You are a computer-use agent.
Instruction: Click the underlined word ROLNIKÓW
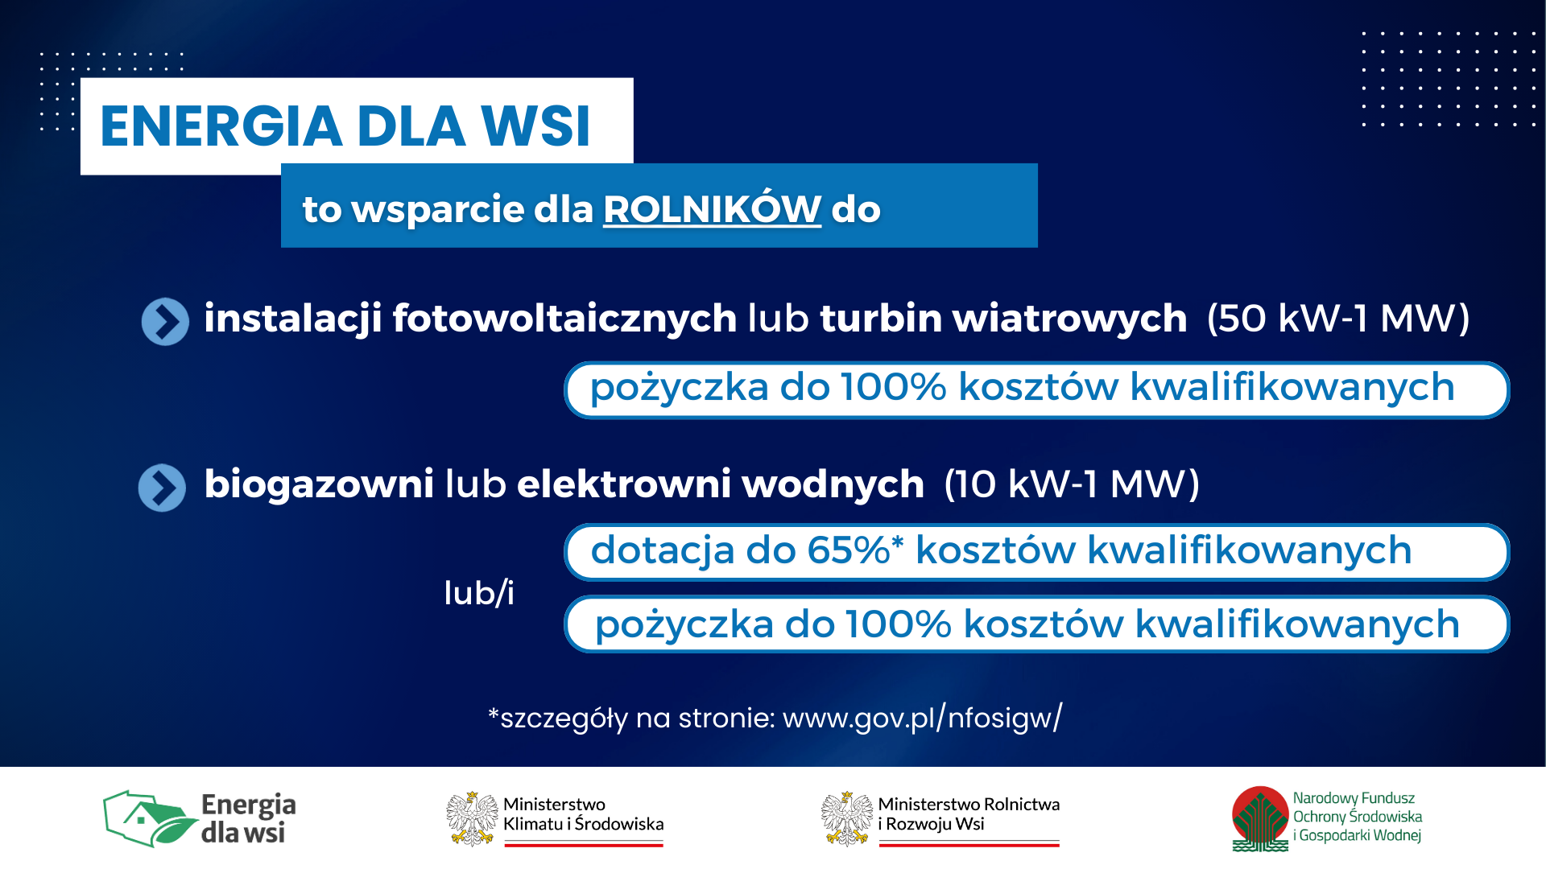[712, 208]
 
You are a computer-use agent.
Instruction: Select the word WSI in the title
[535, 126]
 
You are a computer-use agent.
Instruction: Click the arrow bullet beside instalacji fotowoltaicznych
[165, 322]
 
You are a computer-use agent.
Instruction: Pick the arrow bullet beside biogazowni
[162, 488]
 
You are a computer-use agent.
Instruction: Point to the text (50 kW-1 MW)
[1338, 319]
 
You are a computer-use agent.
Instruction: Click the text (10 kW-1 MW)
[1072, 484]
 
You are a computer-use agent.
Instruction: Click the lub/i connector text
[479, 594]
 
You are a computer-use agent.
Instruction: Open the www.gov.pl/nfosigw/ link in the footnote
[923, 717]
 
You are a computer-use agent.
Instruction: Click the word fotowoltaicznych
[564, 319]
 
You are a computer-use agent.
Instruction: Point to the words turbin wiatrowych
[1003, 319]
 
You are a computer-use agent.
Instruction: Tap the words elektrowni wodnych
[721, 484]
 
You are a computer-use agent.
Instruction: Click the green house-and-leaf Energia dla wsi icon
[151, 818]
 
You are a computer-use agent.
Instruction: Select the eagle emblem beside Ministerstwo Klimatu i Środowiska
[472, 818]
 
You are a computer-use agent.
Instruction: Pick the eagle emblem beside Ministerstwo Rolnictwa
[847, 818]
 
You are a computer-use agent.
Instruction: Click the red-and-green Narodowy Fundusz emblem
[1261, 818]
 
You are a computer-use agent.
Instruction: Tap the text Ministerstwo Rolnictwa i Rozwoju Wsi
[969, 814]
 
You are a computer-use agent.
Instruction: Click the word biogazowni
[319, 484]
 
